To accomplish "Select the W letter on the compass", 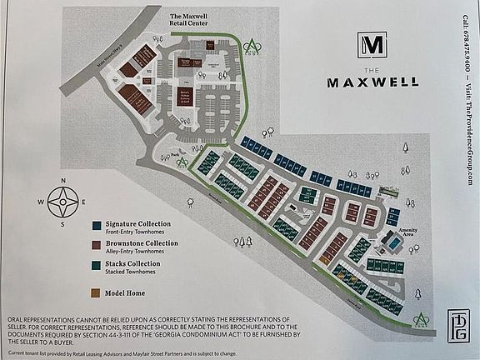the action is click(41, 202).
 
